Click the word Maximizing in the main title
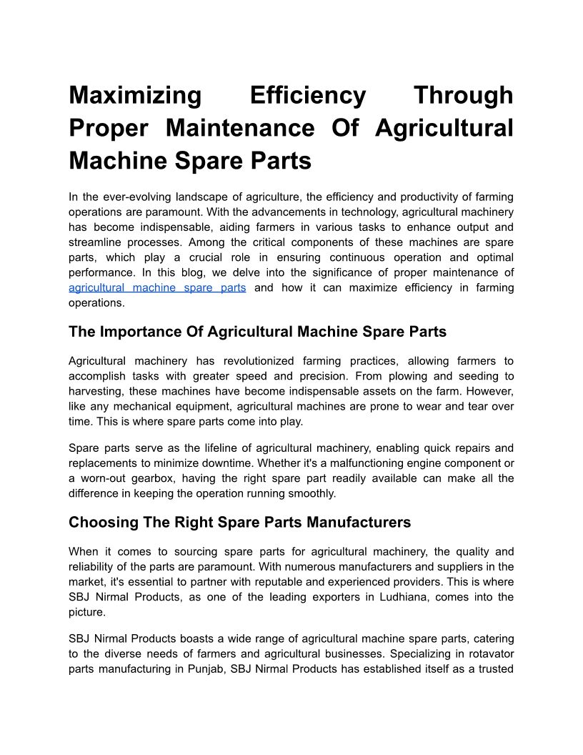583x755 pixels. (135, 95)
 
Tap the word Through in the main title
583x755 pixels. (464, 95)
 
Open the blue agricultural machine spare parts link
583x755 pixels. (157, 287)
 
